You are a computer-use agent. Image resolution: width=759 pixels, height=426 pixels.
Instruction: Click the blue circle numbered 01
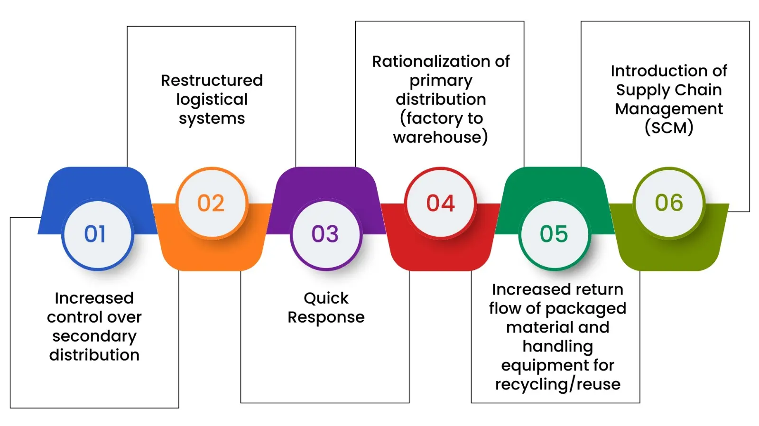pos(97,234)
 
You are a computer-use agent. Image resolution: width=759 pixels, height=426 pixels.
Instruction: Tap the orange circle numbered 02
pos(212,203)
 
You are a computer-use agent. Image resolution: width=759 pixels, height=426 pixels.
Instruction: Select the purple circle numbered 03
pos(326,234)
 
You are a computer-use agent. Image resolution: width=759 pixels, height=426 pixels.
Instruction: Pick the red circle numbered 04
pos(440,203)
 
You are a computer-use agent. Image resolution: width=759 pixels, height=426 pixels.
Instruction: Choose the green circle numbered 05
pos(554,234)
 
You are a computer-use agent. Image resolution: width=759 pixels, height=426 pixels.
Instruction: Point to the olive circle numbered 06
pos(669,203)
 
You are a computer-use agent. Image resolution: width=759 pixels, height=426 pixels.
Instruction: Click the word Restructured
pos(212,80)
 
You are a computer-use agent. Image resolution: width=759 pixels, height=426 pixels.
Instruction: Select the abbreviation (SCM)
pos(669,128)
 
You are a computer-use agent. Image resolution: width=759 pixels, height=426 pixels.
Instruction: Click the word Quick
pos(326,298)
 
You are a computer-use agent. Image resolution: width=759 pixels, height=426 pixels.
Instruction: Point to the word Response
pos(326,317)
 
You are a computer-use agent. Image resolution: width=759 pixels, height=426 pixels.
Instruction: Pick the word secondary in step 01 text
pos(94,336)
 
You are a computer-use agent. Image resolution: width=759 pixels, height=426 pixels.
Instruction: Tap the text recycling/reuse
pos(557,384)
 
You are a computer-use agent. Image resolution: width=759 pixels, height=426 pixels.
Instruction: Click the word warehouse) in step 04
pos(440,137)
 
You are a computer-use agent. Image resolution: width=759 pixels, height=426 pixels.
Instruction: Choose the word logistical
pos(212,100)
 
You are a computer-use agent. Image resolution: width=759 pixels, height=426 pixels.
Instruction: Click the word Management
pos(669,109)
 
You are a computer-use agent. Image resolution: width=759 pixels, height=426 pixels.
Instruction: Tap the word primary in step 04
pos(441,81)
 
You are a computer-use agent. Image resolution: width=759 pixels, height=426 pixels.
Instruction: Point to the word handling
pos(557,346)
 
